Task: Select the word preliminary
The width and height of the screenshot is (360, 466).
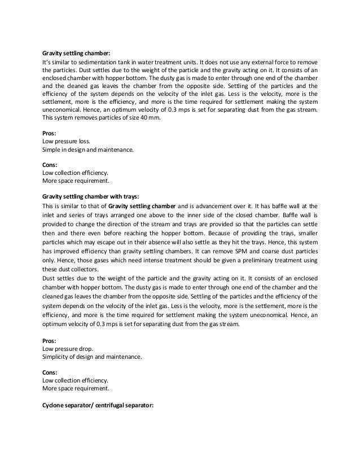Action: pyautogui.click(x=249, y=255)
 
